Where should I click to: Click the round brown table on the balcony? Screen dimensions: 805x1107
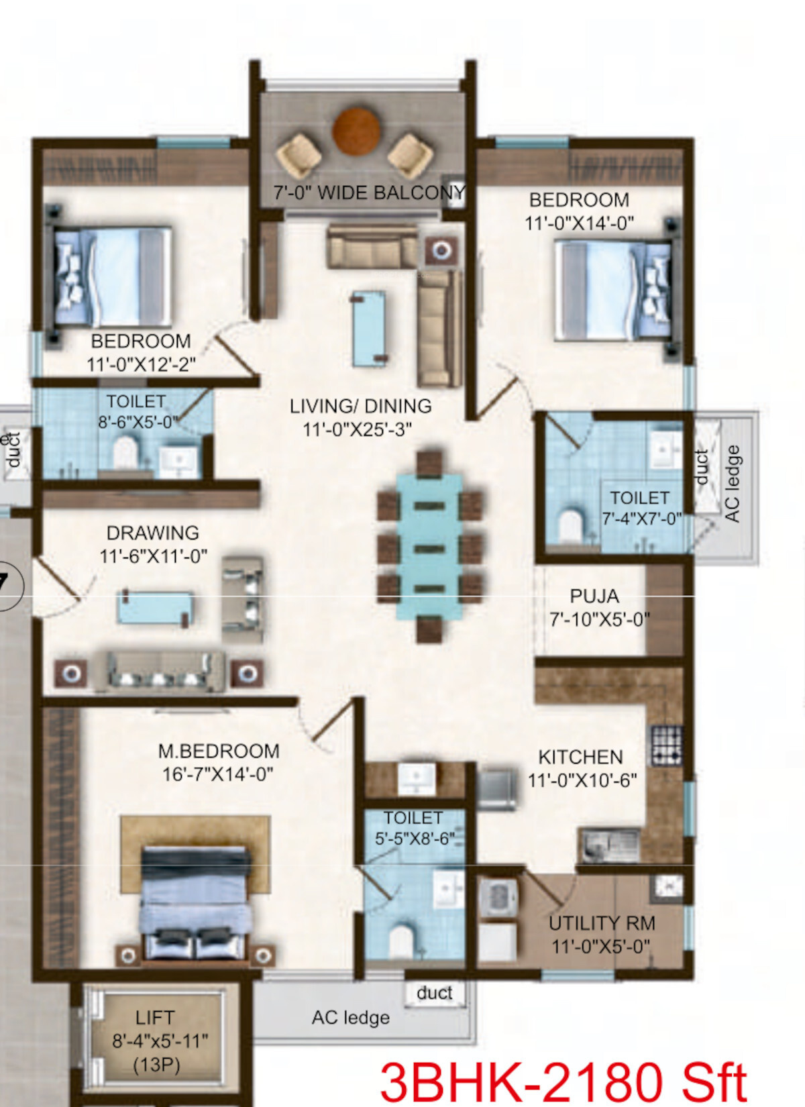point(356,131)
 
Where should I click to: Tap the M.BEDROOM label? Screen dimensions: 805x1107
point(219,751)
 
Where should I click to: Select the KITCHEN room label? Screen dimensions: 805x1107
point(580,757)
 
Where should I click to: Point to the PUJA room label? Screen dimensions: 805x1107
point(594,596)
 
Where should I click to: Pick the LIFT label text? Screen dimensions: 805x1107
point(155,1018)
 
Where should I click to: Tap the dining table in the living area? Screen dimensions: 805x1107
point(429,547)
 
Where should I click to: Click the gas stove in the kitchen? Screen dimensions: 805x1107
point(667,745)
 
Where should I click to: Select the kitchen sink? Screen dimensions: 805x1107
point(610,845)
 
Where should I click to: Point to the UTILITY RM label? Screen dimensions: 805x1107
point(602,922)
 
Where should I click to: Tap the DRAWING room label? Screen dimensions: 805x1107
point(153,533)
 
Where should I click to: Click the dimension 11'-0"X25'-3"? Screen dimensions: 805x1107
point(357,429)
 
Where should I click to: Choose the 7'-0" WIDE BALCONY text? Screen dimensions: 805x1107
point(369,193)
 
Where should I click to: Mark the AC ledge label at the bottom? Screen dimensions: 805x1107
point(350,1018)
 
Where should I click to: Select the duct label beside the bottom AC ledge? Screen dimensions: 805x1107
point(435,993)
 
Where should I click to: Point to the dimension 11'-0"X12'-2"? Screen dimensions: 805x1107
point(142,364)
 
